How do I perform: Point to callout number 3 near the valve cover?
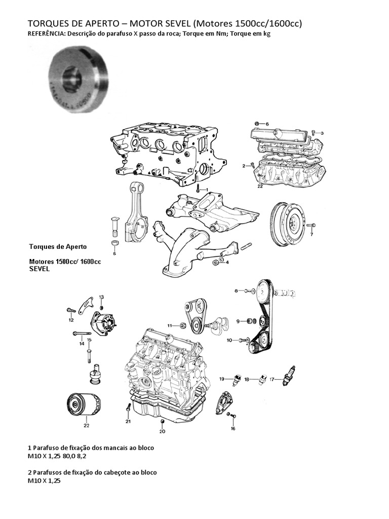click(x=322, y=133)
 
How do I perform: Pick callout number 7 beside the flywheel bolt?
click(x=312, y=235)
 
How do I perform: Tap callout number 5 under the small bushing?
click(x=114, y=253)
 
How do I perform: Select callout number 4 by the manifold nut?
click(x=227, y=262)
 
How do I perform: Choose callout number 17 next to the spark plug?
click(x=272, y=379)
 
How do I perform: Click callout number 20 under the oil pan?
click(x=162, y=432)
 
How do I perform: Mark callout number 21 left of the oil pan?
click(x=128, y=421)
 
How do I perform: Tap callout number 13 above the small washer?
click(x=101, y=297)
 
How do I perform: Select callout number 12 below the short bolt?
click(x=71, y=320)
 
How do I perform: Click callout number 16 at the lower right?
click(x=233, y=428)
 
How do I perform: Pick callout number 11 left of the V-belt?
click(x=170, y=325)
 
